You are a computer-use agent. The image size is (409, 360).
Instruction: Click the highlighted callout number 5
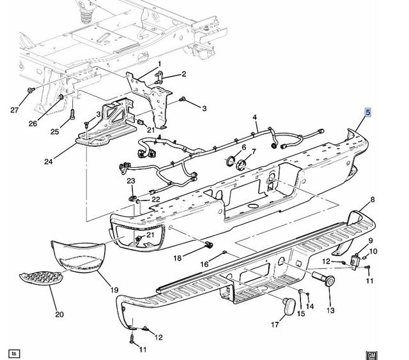tap(367, 113)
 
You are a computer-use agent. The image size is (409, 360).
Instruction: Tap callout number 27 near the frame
tap(14, 109)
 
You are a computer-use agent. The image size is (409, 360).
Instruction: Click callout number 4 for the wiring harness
tap(254, 118)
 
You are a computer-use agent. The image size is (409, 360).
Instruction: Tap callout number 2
tap(183, 74)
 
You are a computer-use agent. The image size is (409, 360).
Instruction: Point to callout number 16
tap(205, 264)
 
